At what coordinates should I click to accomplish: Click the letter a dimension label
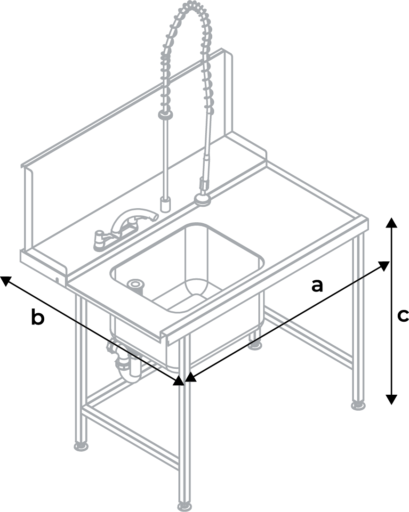(317, 285)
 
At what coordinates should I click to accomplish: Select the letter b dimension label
(38, 317)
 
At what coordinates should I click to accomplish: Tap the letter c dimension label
(403, 316)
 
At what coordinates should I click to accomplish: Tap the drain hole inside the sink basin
(136, 284)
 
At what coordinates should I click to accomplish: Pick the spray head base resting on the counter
(203, 200)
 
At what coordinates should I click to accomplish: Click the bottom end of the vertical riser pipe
(165, 204)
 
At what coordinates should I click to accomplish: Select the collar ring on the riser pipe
(165, 116)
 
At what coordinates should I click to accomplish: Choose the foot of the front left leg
(81, 445)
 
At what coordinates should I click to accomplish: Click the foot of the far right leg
(359, 404)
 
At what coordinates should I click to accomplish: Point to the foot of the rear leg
(256, 345)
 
